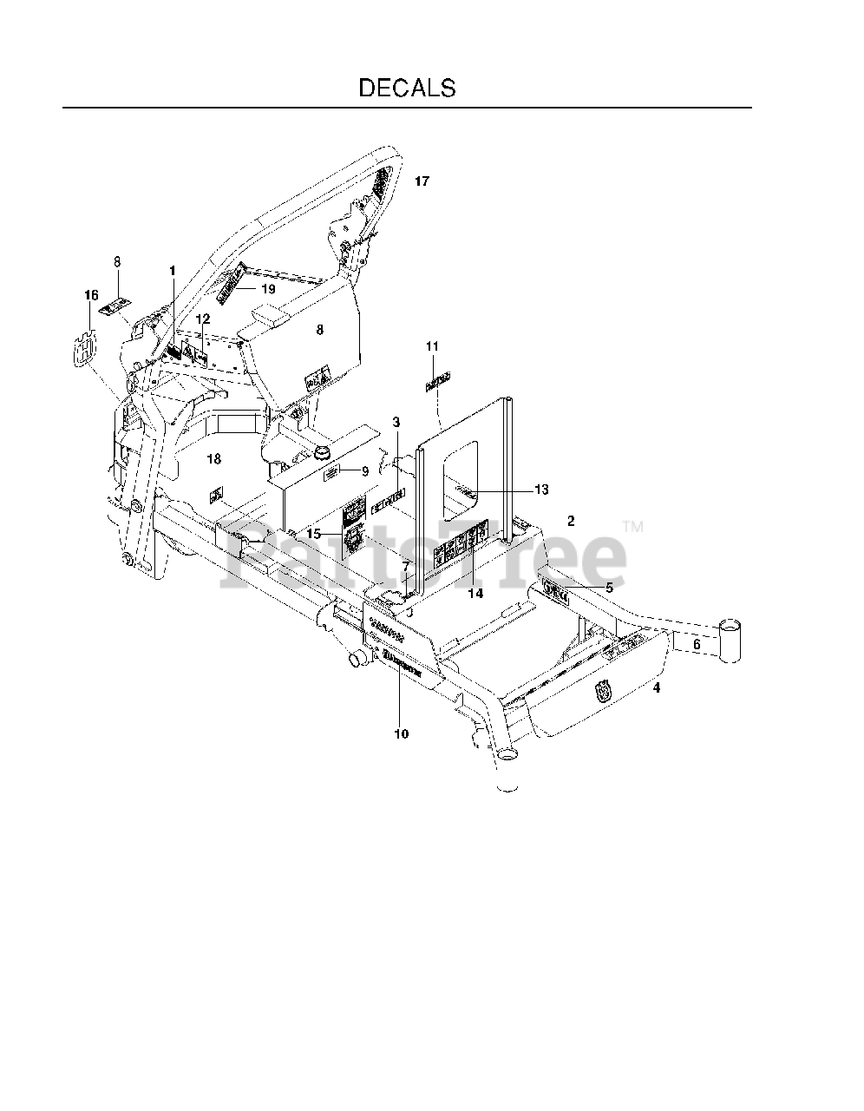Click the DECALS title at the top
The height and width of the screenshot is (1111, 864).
click(407, 88)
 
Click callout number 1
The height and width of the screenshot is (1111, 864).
click(173, 272)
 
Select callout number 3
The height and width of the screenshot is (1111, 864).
click(396, 423)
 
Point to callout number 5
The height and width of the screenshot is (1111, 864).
click(609, 588)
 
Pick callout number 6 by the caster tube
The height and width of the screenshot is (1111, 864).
click(696, 645)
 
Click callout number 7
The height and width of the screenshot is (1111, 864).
click(405, 567)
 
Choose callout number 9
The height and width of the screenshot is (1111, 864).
click(365, 470)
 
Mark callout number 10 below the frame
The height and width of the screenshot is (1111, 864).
click(401, 734)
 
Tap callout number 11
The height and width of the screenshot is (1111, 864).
click(432, 347)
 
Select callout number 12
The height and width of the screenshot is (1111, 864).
click(203, 319)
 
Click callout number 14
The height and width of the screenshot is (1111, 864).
click(475, 594)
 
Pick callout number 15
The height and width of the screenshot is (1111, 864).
click(312, 534)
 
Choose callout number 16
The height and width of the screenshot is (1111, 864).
click(91, 296)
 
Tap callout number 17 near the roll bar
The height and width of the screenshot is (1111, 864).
click(422, 181)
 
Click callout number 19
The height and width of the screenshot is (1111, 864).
click(268, 288)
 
